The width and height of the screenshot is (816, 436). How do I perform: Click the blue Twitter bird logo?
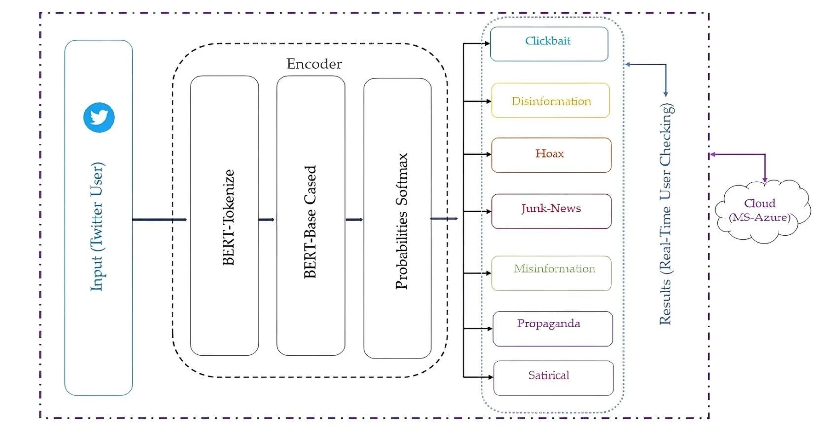click(x=99, y=117)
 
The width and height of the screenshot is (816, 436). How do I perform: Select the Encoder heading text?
click(x=314, y=64)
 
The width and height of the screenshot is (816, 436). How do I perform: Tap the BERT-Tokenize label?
click(x=228, y=218)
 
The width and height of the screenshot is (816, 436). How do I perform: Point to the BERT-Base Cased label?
click(x=310, y=222)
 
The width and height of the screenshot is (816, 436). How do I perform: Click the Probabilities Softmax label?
click(x=401, y=221)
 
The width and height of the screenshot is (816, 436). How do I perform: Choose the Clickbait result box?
click(x=549, y=44)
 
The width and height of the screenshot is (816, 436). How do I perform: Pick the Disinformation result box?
click(x=551, y=101)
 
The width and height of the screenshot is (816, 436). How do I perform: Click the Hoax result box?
click(x=552, y=155)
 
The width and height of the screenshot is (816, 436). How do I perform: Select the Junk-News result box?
click(x=552, y=211)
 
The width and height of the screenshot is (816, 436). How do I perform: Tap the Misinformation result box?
click(x=552, y=273)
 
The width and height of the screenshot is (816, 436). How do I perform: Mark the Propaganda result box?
click(x=553, y=328)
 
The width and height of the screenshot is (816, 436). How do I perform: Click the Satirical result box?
click(x=554, y=378)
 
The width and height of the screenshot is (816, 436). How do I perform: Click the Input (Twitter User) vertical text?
click(x=97, y=226)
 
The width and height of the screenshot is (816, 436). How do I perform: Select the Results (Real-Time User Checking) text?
click(x=667, y=214)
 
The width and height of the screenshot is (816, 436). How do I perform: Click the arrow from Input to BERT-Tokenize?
click(x=159, y=219)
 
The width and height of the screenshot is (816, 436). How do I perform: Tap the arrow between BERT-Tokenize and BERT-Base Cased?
click(x=266, y=219)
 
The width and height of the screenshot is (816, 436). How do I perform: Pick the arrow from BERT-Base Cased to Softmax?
click(x=354, y=219)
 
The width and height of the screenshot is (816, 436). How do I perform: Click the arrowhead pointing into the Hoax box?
click(x=489, y=154)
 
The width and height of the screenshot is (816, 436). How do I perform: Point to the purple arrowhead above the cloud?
click(x=765, y=180)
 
